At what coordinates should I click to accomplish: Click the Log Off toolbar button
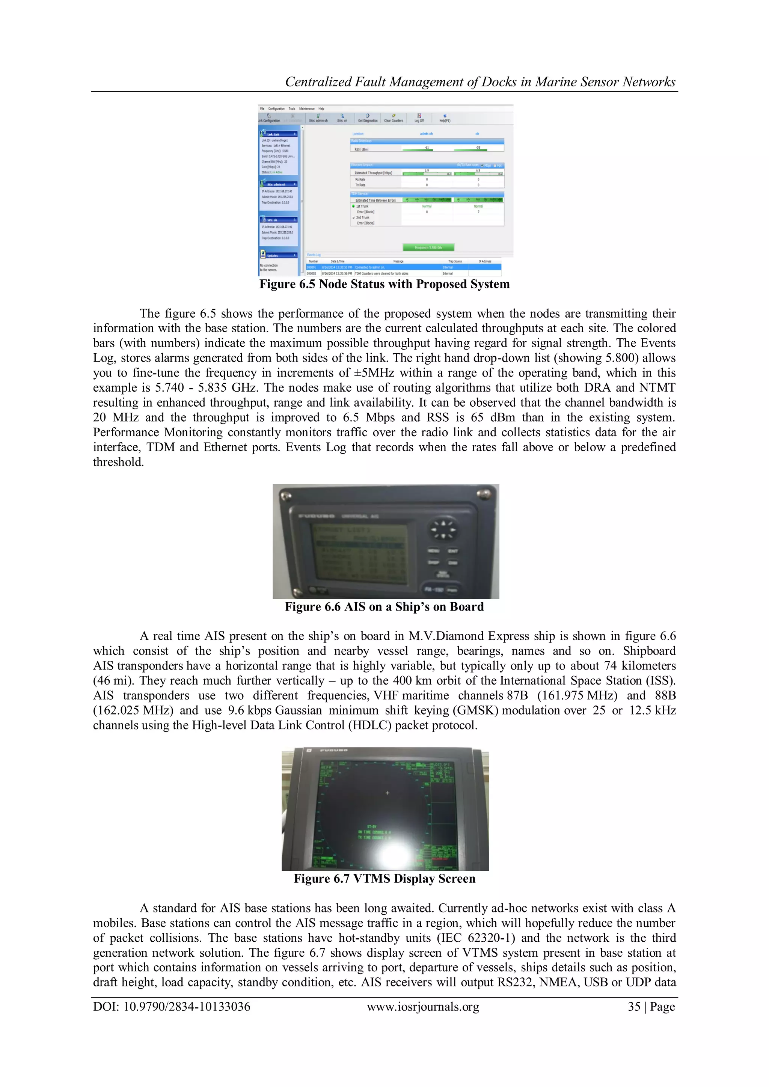tap(419, 118)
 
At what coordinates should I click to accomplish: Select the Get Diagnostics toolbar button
tap(368, 118)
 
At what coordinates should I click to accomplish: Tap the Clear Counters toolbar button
tap(393, 118)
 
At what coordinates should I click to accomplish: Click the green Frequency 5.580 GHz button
tap(428, 247)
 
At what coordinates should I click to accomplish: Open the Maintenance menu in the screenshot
tap(306, 109)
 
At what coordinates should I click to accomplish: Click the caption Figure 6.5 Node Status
tap(384, 284)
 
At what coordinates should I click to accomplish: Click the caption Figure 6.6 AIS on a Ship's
tap(384, 607)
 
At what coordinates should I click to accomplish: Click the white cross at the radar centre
tap(388, 793)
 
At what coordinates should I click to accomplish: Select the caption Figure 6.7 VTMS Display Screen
tap(384, 879)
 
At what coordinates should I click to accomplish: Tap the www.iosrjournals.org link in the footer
tap(423, 1007)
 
